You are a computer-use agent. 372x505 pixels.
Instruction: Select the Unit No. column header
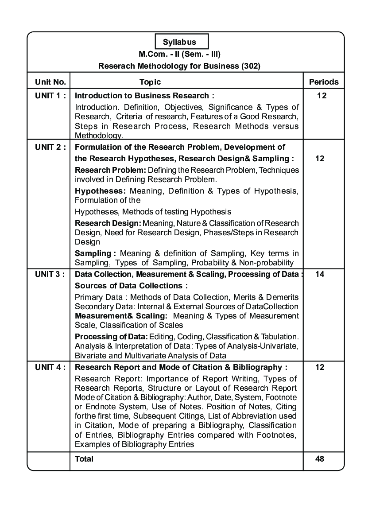(x=50, y=82)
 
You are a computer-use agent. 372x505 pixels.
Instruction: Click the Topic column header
(x=150, y=82)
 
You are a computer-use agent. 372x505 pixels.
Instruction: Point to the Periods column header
(x=323, y=82)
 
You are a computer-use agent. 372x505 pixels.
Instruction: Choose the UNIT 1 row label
(x=50, y=95)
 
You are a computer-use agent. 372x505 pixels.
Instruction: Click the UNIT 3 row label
(x=50, y=274)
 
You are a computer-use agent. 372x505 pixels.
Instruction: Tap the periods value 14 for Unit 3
(x=320, y=274)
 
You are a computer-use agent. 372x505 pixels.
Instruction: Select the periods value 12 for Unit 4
(x=320, y=367)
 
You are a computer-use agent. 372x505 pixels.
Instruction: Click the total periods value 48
(x=320, y=458)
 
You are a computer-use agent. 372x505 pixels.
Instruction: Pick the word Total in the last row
(x=84, y=458)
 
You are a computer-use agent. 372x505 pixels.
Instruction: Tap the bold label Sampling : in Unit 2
(x=95, y=253)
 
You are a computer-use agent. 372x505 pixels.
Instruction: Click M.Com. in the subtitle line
(x=152, y=54)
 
